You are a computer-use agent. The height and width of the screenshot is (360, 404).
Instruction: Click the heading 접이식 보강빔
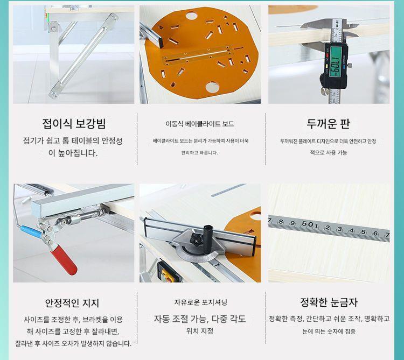click(x=74, y=124)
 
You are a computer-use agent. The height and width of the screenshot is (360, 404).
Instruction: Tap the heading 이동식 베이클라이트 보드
click(x=200, y=124)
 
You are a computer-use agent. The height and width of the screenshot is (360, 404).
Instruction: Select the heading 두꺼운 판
click(x=328, y=124)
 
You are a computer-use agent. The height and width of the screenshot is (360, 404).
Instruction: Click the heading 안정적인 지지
click(x=72, y=303)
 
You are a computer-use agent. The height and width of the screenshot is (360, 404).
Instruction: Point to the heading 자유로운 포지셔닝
click(x=200, y=302)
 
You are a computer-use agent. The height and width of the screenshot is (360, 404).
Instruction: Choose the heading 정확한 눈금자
click(x=329, y=302)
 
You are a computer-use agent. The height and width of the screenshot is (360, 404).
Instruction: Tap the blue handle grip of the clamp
click(x=31, y=231)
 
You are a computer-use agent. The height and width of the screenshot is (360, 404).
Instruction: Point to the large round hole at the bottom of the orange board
click(x=212, y=87)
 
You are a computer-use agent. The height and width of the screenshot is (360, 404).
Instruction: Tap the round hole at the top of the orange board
click(x=191, y=16)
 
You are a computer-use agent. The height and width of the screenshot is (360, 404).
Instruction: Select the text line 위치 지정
click(x=200, y=331)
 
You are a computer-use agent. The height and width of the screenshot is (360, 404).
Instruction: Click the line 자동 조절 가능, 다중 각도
click(x=200, y=319)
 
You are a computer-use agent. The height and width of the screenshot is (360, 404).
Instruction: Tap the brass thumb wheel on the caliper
click(x=325, y=91)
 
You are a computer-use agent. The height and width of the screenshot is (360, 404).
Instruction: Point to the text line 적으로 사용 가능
click(x=329, y=153)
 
